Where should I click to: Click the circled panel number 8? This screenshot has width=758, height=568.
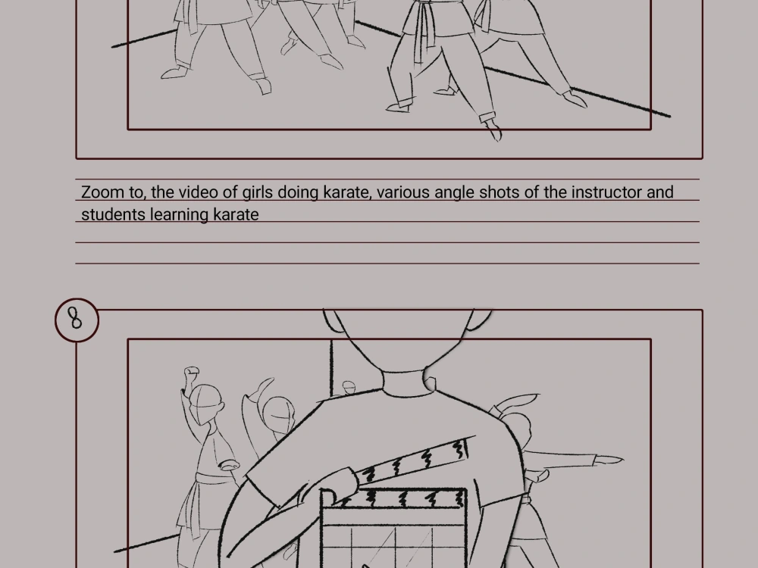(76, 319)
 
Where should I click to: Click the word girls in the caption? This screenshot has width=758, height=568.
(257, 192)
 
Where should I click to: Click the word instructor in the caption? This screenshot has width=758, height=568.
(606, 192)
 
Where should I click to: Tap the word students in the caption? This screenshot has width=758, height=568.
(113, 214)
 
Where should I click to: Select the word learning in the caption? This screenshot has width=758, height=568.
(179, 214)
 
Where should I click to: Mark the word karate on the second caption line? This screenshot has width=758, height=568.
(236, 214)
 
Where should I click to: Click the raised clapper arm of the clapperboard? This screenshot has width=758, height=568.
(413, 461)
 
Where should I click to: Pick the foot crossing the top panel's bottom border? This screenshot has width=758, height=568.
(493, 129)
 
